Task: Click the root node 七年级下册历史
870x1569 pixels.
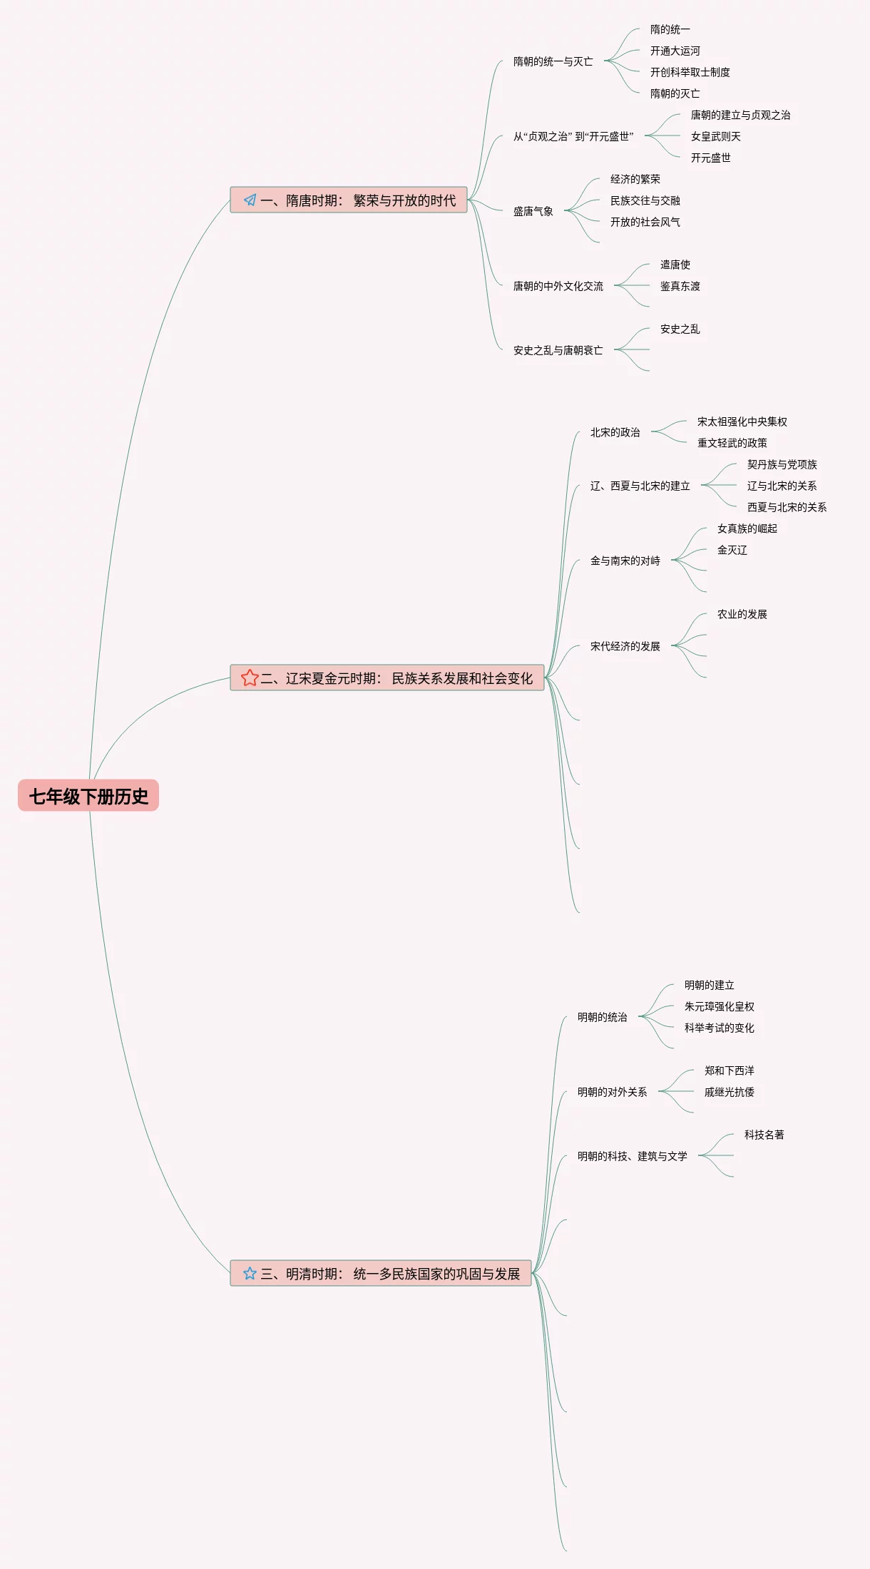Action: coord(88,796)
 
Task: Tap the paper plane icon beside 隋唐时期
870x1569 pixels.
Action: coord(250,200)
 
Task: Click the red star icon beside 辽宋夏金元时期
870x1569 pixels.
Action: coord(250,678)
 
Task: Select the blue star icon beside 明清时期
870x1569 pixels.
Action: coord(250,1273)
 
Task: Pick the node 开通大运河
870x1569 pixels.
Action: coord(675,51)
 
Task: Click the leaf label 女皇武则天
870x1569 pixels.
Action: coord(715,136)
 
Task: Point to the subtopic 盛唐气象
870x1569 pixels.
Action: coord(533,211)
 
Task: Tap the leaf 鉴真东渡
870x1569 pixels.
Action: coord(680,286)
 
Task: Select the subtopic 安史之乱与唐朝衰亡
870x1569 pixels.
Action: coord(558,350)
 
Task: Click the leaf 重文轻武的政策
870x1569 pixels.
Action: coord(732,443)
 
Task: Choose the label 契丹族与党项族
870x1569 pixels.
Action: coord(782,464)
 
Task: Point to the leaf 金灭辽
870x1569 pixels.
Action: coord(732,550)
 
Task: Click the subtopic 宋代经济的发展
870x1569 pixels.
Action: coord(625,646)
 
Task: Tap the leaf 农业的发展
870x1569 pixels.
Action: coord(742,614)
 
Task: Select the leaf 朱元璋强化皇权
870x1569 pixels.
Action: coord(719,1006)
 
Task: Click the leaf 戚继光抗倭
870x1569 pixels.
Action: coord(729,1092)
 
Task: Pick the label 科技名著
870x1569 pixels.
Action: coord(764,1135)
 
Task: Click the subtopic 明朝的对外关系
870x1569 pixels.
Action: coord(612,1092)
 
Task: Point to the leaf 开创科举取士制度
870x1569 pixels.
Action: coord(690,72)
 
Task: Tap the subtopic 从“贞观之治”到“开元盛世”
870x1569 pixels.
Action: coord(573,136)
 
